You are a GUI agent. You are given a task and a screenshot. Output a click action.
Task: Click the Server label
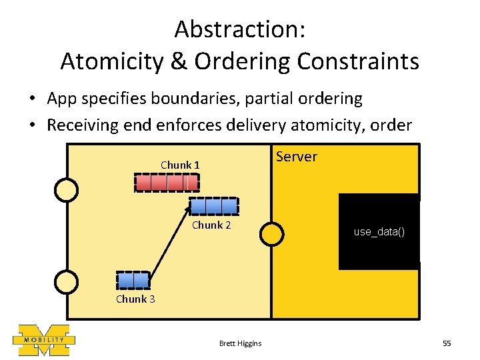click(x=297, y=157)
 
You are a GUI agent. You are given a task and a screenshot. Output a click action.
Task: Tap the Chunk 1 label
click(x=180, y=165)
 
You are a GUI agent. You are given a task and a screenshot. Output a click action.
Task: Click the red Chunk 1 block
click(x=167, y=182)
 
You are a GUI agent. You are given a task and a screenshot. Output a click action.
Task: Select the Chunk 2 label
click(x=211, y=225)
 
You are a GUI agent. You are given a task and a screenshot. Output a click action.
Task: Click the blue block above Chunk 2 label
click(x=214, y=206)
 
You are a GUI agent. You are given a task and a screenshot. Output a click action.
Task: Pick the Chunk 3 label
click(x=135, y=299)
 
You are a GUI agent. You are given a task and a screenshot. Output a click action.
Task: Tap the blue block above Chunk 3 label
click(x=133, y=280)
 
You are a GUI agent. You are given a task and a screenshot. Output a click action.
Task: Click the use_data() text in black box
click(x=379, y=232)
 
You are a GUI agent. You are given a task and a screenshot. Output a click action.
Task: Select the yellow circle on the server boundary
click(x=271, y=233)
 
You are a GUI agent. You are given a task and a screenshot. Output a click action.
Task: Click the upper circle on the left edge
click(x=66, y=190)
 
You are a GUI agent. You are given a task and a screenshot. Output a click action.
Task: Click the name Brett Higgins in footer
click(x=240, y=343)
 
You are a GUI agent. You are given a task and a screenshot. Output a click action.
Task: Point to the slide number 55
click(x=447, y=343)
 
